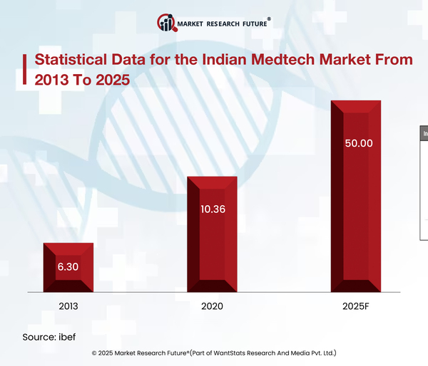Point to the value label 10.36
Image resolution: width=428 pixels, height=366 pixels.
(212, 209)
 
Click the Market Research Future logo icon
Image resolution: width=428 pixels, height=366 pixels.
(167, 23)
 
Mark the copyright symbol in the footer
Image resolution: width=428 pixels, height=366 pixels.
(95, 353)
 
